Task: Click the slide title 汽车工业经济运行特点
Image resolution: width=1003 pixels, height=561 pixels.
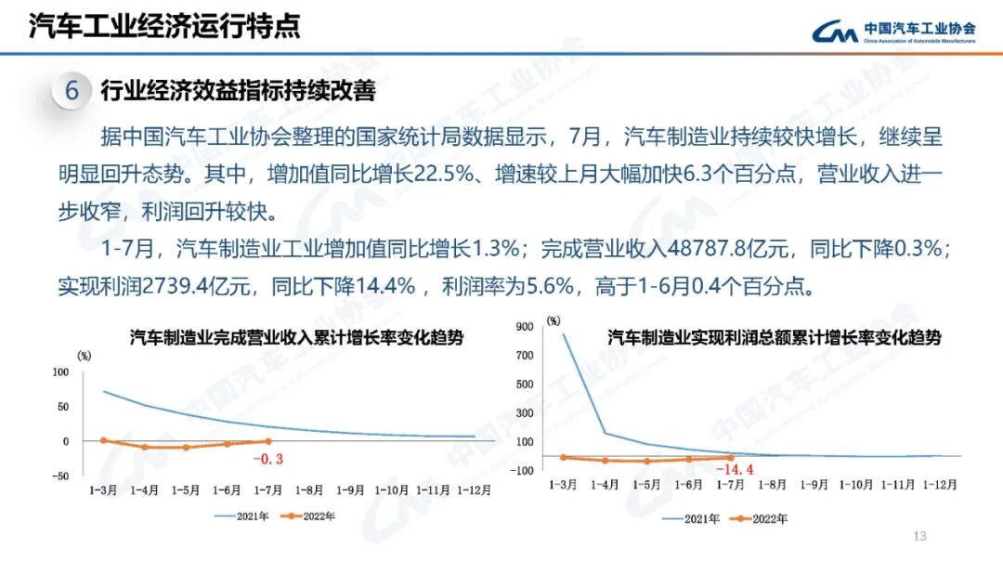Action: click(x=164, y=26)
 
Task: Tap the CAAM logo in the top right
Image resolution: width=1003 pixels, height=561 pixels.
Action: click(x=892, y=33)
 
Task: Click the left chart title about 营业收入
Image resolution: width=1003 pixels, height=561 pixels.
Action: click(x=296, y=338)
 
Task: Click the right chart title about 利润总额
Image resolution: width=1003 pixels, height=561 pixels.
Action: click(x=774, y=338)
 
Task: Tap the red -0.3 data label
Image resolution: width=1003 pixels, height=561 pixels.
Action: click(x=267, y=458)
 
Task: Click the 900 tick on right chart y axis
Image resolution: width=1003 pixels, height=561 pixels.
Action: click(x=526, y=326)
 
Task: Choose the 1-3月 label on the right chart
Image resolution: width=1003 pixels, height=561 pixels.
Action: click(x=564, y=484)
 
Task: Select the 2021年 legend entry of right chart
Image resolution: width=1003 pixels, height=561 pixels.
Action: click(x=691, y=519)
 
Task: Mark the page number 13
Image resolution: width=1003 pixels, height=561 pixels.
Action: click(x=920, y=536)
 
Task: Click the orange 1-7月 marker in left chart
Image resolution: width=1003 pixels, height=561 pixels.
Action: click(x=268, y=441)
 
